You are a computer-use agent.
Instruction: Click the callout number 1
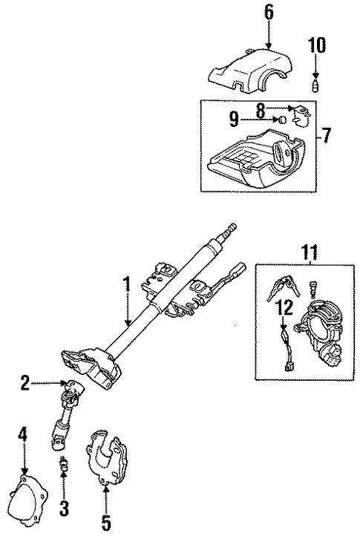(x=127, y=283)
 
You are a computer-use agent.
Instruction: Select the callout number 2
(x=25, y=383)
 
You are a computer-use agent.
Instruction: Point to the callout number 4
(x=23, y=434)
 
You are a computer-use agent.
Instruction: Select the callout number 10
(x=316, y=45)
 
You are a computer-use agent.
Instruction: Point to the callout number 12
(x=281, y=304)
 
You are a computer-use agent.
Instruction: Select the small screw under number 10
(x=315, y=86)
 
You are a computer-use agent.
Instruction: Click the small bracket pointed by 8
(x=300, y=115)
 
